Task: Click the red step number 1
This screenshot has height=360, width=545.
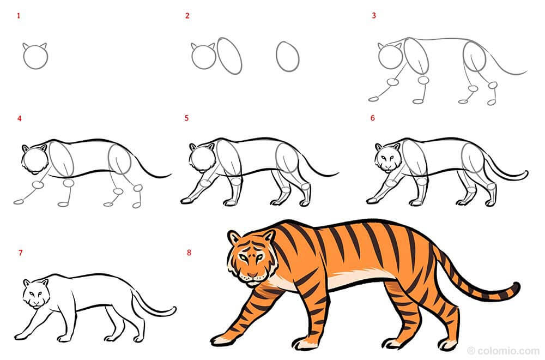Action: [19, 16]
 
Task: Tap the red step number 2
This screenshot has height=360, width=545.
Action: [187, 16]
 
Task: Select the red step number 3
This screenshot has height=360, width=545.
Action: [374, 15]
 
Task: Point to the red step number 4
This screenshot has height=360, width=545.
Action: [20, 118]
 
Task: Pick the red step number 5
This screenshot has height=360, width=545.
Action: [186, 118]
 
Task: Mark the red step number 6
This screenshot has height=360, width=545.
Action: [373, 118]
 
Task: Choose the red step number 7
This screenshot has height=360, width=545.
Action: [21, 253]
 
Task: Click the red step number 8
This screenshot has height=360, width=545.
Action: [189, 253]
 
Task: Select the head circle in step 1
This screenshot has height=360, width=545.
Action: [35, 57]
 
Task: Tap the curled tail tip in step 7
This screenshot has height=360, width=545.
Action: [172, 310]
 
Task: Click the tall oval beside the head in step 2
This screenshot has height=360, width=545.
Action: [229, 56]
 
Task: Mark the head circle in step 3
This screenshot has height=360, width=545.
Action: [390, 56]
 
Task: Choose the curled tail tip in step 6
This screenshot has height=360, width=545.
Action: [524, 174]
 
